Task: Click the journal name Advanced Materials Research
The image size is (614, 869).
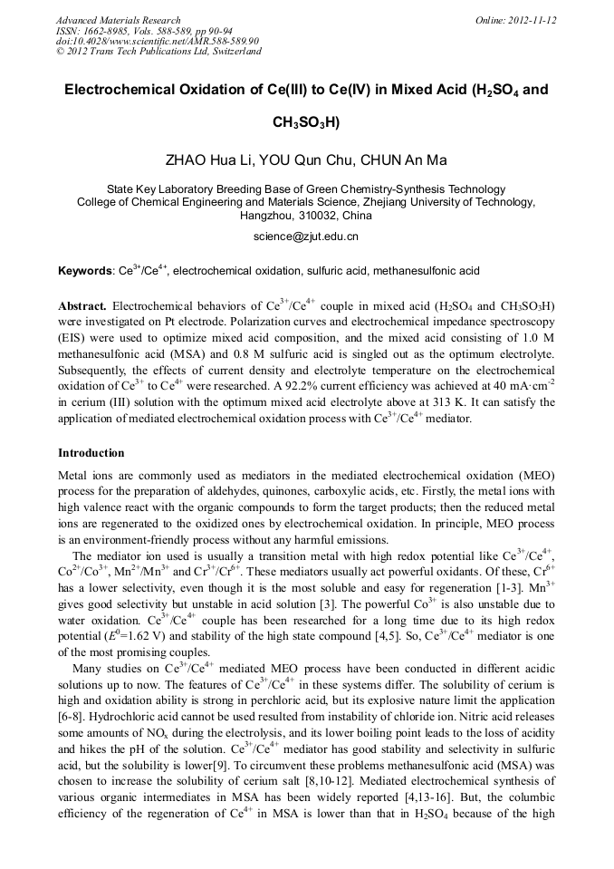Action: [x=118, y=20]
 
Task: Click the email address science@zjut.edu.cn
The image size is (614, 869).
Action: [x=306, y=236]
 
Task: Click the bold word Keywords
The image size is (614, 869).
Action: [x=85, y=271]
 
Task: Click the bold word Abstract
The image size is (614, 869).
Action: [x=83, y=306]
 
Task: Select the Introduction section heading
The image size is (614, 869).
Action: [x=91, y=453]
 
